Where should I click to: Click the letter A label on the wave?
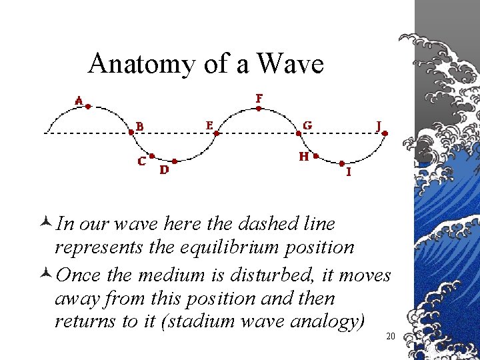79,101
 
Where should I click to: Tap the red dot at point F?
259,107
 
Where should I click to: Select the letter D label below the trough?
164,170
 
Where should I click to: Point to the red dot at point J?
385,133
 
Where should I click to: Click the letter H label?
304,157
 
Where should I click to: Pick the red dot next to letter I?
341,163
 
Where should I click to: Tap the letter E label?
209,125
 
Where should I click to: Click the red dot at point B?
131,132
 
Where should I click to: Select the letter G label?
307,125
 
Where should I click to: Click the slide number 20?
391,337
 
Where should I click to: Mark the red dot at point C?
153,156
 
